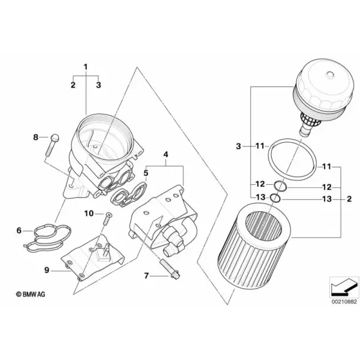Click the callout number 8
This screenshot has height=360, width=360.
coord(35,137)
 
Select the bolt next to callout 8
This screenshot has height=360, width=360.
coord(52,145)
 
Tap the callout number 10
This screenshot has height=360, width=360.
coord(89,214)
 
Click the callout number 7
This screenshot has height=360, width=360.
coord(146,275)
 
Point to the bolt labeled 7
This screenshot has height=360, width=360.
coord(170,269)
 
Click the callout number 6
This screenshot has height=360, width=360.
coord(19,230)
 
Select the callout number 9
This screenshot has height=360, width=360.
coord(47,270)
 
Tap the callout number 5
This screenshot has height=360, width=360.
coord(146,173)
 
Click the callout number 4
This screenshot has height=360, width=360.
coord(166,155)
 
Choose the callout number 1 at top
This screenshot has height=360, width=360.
coord(86,67)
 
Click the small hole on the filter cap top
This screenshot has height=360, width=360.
coord(330,74)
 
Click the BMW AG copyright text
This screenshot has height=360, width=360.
coord(31,294)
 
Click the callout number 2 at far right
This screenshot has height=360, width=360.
coord(349,199)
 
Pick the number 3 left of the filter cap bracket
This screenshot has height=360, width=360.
coord(239,146)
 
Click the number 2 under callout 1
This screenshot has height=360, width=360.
coord(73,85)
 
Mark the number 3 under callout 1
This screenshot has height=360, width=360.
coord(98,85)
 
